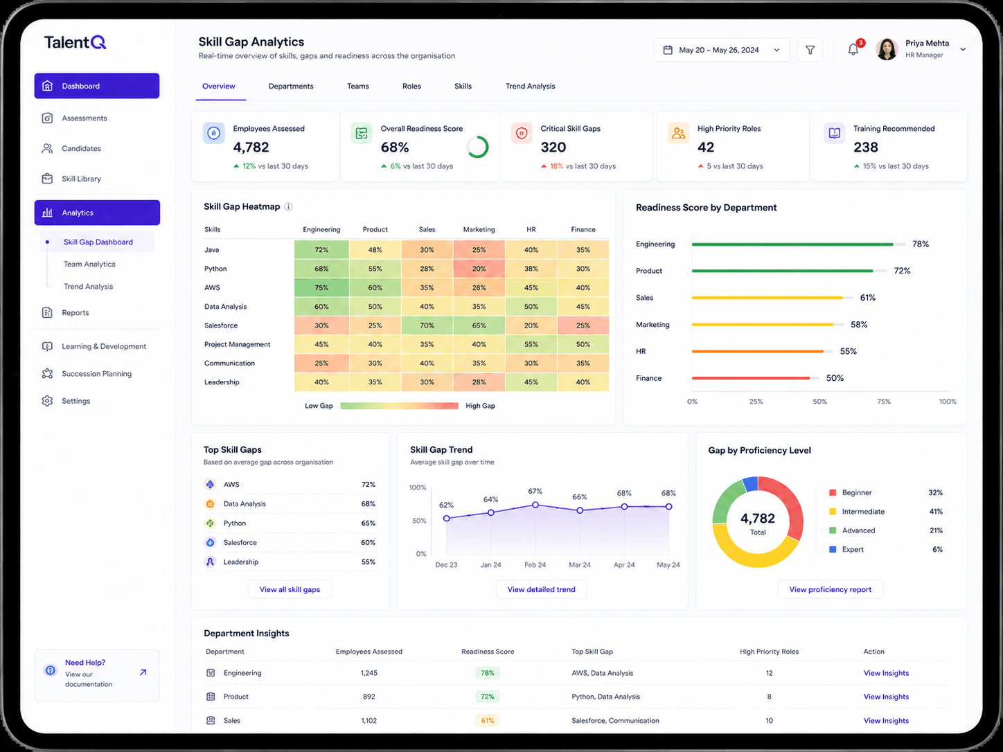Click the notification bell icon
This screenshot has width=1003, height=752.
click(853, 49)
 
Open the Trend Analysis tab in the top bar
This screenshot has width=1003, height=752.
click(530, 87)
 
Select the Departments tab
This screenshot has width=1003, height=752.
click(291, 87)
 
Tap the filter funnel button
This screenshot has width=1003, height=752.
click(810, 50)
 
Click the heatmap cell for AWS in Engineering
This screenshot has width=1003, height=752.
click(321, 287)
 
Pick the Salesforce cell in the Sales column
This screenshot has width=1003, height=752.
click(427, 325)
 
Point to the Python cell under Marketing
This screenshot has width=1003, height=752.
click(479, 269)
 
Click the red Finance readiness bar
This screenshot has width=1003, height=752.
click(751, 378)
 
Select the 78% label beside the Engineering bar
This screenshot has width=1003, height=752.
click(921, 244)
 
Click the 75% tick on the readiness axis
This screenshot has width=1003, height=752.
click(884, 402)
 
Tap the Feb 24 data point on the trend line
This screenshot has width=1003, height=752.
click(535, 505)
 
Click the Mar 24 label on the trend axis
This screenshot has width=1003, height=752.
click(579, 565)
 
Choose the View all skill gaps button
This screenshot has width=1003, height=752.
click(290, 589)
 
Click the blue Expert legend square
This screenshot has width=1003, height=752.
click(833, 549)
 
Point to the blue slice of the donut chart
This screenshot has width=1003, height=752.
click(751, 484)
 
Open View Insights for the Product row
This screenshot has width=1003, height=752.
click(886, 697)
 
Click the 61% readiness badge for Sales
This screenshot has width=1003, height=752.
click(487, 721)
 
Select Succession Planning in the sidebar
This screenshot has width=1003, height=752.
click(96, 373)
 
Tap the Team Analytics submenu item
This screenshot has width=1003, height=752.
click(89, 264)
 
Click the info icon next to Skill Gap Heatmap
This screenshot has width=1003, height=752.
click(288, 207)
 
